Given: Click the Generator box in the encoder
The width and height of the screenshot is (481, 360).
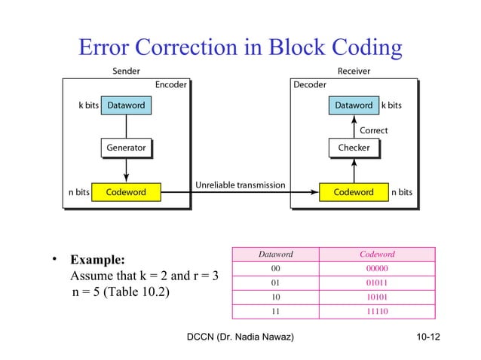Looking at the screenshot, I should [x=126, y=148].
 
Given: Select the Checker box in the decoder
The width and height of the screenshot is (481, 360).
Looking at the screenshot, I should [x=354, y=148].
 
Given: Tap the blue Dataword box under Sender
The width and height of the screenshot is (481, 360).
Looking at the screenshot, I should [x=125, y=105].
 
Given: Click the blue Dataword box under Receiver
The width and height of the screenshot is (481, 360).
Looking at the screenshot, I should [x=354, y=105].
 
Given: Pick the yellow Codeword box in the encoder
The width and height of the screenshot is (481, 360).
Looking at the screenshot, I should [x=126, y=192].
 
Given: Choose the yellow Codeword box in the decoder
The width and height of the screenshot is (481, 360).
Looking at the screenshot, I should [x=354, y=192].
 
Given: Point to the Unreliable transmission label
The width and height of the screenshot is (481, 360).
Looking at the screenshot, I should [x=240, y=185].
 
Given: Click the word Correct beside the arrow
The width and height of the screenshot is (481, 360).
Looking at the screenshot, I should [x=373, y=130].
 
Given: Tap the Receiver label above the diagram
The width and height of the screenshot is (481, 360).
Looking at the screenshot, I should [x=354, y=72].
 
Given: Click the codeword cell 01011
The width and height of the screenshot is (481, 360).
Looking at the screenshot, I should [x=377, y=282].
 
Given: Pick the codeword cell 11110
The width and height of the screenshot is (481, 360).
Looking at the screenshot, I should [x=377, y=309].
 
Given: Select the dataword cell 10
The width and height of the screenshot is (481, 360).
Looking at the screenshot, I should [x=275, y=295].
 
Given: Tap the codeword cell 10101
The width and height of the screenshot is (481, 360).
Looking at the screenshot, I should [x=377, y=295].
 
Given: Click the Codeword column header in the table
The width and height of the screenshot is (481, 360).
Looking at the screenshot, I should [x=377, y=255].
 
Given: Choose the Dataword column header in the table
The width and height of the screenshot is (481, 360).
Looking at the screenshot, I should [x=275, y=255].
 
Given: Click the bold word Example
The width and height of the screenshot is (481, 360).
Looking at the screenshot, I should [x=97, y=260].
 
